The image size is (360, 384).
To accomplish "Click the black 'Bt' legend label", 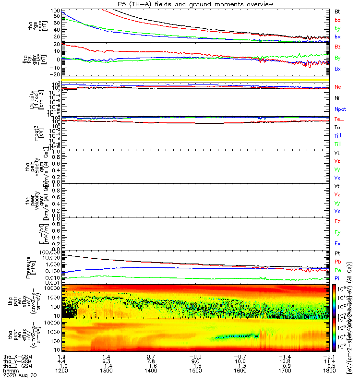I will [338, 11].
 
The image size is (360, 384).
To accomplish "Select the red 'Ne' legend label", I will [338, 87].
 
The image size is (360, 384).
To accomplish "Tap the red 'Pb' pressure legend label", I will [338, 261].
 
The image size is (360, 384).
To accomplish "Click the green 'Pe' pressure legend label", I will [338, 270].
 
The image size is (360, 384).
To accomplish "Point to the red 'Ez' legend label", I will [338, 222].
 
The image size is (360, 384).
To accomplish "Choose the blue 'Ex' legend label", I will [338, 243].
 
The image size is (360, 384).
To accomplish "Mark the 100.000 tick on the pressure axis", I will [48, 252].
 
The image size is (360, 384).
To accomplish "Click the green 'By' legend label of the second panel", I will [338, 58].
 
